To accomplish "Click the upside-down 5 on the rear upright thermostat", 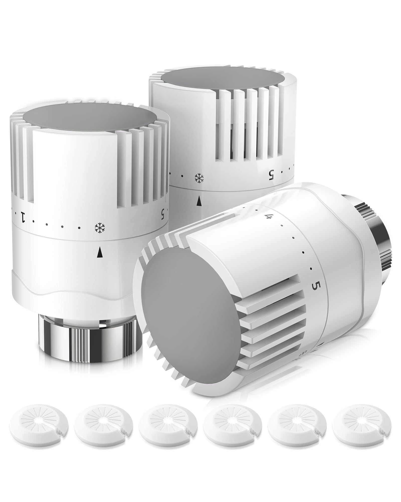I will (271, 174).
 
